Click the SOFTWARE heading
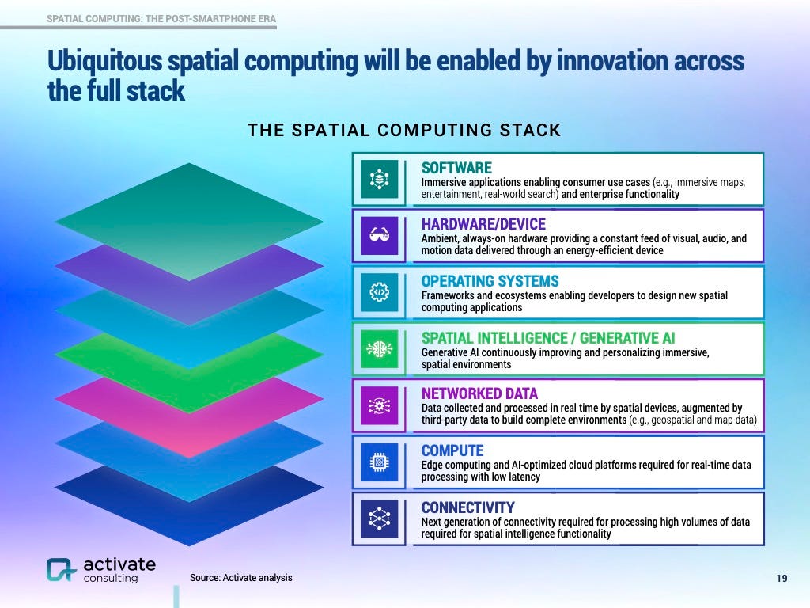click(x=456, y=168)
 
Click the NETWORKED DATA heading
click(x=479, y=393)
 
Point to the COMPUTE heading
click(x=452, y=450)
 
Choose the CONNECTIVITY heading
click(x=467, y=507)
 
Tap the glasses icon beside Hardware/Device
click(x=379, y=236)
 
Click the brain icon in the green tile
click(x=379, y=349)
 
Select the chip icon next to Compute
click(x=379, y=462)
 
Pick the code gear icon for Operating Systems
click(x=379, y=292)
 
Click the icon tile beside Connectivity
click(x=379, y=519)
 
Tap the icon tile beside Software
click(x=379, y=179)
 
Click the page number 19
click(x=782, y=579)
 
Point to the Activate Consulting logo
click(x=100, y=570)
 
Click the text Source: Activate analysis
click(x=240, y=578)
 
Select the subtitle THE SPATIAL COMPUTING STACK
click(x=404, y=130)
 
